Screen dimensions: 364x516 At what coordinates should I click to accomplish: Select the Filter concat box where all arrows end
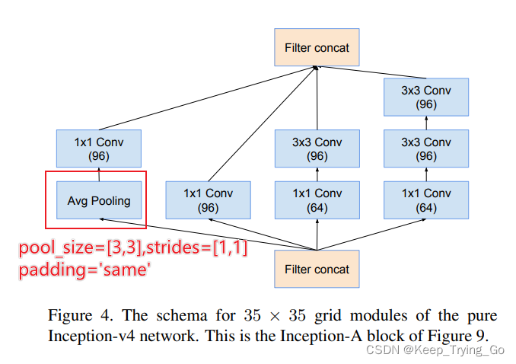tap(317, 47)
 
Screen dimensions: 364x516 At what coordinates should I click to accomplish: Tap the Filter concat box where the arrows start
tap(317, 269)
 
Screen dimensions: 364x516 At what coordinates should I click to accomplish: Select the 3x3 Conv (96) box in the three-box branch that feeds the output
tap(426, 97)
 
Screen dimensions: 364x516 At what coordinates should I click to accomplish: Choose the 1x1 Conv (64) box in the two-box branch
tap(317, 200)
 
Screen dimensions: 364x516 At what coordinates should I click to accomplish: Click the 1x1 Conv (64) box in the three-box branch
tap(426, 200)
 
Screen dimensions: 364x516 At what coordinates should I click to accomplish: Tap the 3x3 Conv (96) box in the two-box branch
tap(317, 149)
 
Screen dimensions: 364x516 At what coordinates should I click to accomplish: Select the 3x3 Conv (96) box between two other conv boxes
tap(426, 149)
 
